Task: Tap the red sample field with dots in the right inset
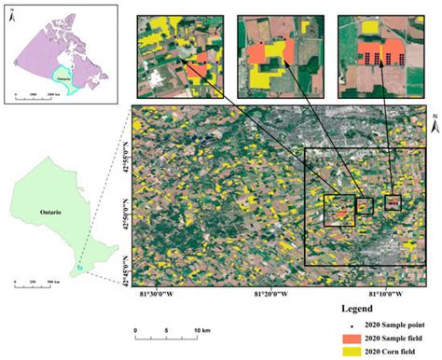coord(377,50)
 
